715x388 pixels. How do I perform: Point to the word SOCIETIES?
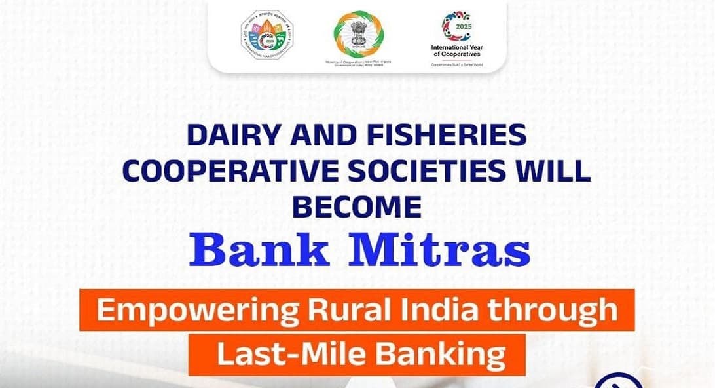click(433, 171)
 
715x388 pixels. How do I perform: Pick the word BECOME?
click(356, 206)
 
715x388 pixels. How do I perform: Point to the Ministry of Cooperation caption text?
click(357, 62)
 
